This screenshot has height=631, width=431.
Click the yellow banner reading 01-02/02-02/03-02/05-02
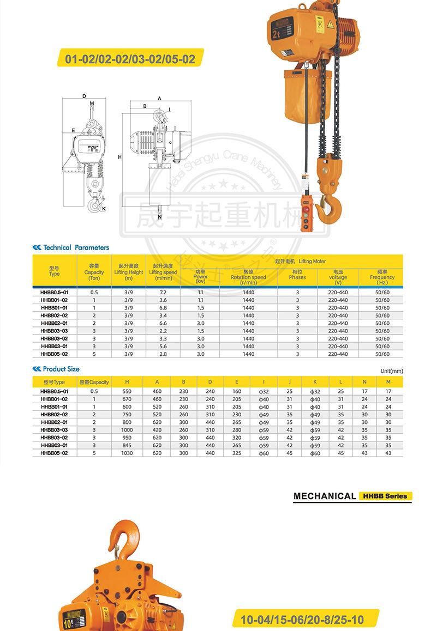(x=130, y=58)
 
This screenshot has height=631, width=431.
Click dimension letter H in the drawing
(x=119, y=157)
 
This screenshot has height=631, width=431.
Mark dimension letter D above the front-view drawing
(x=84, y=96)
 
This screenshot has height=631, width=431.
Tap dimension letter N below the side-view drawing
(x=159, y=217)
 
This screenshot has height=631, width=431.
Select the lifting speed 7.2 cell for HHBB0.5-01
(x=163, y=293)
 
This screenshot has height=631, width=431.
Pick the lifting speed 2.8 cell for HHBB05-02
(x=163, y=354)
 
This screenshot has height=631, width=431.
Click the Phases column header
(x=297, y=274)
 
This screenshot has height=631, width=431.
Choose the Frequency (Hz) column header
(x=382, y=277)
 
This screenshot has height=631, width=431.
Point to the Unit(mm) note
(x=391, y=371)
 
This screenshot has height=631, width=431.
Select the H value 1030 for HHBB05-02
(x=127, y=453)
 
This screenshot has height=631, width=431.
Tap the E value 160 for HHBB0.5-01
(x=237, y=391)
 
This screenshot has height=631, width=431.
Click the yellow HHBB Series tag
(x=385, y=496)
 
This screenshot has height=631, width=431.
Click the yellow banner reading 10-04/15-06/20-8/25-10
(x=302, y=620)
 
